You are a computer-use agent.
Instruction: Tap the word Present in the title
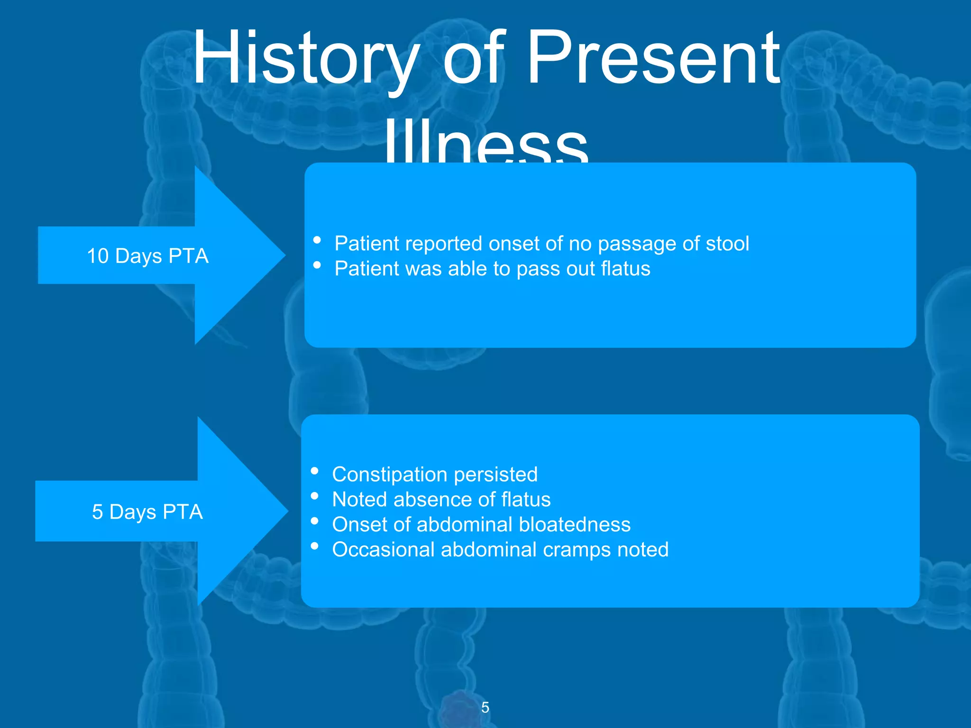point(653,58)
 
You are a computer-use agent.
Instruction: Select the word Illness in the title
point(486,142)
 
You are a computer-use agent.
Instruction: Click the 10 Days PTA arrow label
point(147,256)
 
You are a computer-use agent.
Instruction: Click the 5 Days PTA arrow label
point(147,512)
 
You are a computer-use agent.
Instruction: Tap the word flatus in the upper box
point(625,269)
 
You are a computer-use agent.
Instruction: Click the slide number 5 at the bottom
point(485,707)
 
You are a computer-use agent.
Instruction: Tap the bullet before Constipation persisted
point(314,471)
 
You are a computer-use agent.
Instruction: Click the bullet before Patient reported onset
point(317,240)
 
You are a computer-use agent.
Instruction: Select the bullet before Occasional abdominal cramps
point(314,546)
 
